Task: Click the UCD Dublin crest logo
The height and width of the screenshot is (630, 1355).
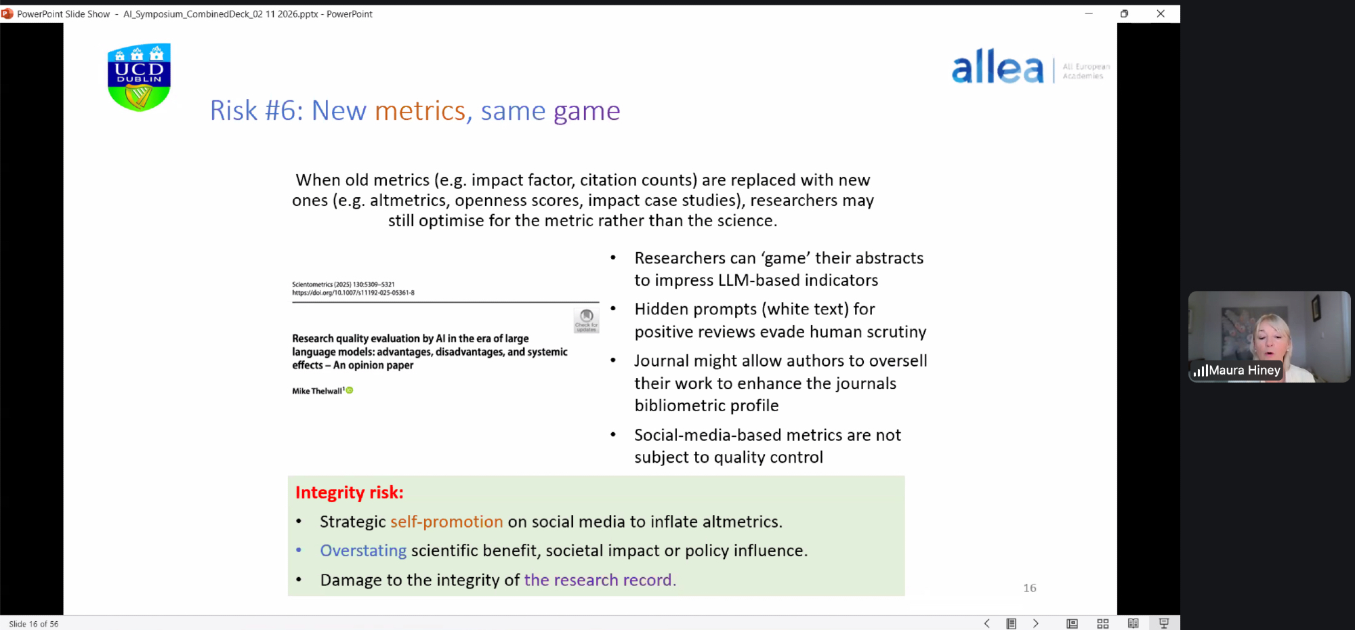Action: pos(139,77)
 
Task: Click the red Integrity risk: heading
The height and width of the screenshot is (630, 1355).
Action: pos(350,492)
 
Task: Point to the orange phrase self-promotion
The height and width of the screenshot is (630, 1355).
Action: pos(446,522)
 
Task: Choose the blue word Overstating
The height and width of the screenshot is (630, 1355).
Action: pos(363,551)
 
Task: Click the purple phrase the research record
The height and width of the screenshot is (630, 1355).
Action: pos(600,580)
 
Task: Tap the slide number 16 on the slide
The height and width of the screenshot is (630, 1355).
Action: pos(1030,588)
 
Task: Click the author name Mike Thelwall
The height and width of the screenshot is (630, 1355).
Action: pos(317,391)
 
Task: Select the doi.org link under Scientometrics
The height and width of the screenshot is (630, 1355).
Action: pos(353,293)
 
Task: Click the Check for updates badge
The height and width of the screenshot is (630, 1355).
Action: pos(587,320)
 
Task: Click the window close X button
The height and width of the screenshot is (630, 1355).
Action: pos(1161,14)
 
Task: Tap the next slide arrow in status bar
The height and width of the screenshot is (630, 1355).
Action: pos(1035,623)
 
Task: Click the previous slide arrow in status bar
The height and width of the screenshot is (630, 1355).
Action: pos(987,623)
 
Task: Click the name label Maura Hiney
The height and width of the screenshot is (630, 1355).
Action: pos(1245,371)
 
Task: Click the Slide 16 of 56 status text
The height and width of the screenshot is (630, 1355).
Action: pos(34,624)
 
